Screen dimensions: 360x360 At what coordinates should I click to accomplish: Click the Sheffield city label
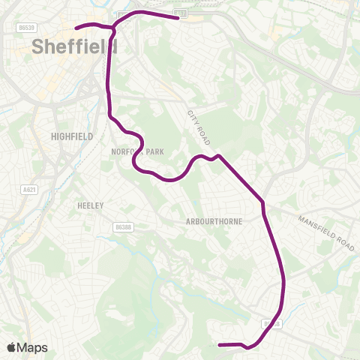coord(75,46)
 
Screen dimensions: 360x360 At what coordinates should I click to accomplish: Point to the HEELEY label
coord(90,205)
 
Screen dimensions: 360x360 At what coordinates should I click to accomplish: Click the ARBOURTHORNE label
coord(214,222)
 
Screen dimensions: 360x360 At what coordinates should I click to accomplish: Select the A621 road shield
coord(30,190)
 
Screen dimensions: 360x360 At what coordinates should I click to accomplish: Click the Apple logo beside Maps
coord(11,347)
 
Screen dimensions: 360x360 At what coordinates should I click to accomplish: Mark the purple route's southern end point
coord(219,345)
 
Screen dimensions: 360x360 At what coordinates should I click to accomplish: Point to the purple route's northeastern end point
coord(176,16)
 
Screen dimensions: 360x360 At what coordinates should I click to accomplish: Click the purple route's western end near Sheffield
coord(76,28)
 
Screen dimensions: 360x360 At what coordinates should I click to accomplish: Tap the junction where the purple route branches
coord(114,28)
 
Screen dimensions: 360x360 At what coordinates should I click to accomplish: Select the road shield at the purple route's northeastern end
coord(180,13)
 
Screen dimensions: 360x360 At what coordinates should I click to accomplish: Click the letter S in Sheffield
coord(38,46)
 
